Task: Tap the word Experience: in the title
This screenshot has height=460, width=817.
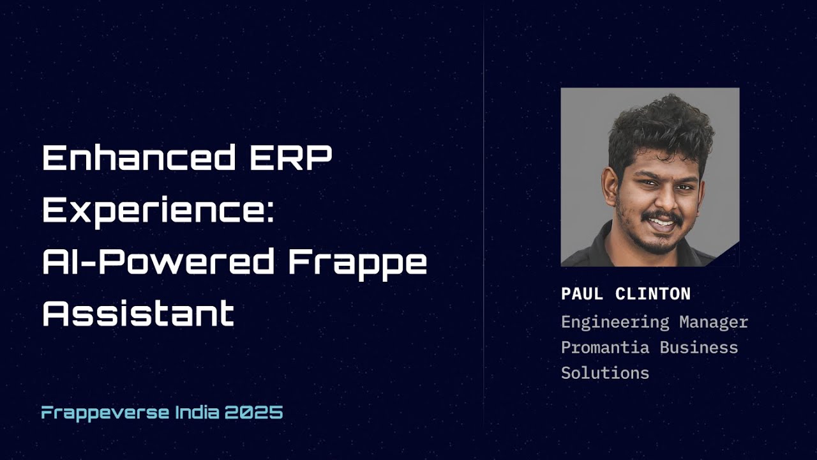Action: coord(158,210)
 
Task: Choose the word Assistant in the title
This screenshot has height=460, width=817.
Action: coord(138,313)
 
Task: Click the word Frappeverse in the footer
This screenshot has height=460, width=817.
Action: coord(105,413)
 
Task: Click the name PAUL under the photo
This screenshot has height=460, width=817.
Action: coord(582,294)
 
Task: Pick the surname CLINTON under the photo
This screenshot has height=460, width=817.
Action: coord(653,294)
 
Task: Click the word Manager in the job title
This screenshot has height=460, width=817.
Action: coord(713,322)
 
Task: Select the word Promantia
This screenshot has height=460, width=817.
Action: coord(605,348)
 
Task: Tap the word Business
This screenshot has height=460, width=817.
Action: coord(699,348)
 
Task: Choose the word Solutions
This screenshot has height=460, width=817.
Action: coord(605,373)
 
